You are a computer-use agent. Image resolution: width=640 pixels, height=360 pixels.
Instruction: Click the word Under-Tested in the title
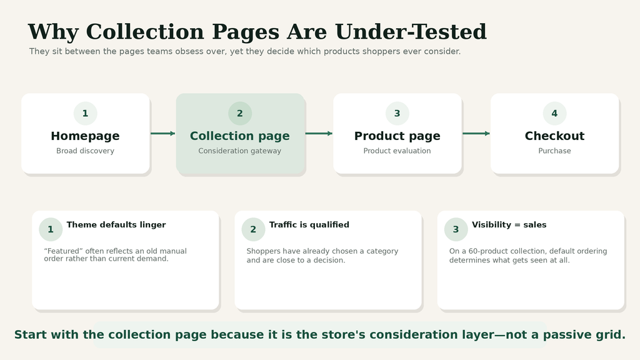411,31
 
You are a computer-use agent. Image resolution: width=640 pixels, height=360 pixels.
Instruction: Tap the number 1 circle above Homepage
85,114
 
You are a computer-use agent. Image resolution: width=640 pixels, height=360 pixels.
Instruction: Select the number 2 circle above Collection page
240,114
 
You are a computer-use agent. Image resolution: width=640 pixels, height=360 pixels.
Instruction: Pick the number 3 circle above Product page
397,114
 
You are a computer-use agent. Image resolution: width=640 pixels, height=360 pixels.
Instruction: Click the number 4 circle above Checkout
555,114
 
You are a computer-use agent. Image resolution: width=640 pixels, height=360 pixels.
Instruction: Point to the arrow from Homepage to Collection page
163,134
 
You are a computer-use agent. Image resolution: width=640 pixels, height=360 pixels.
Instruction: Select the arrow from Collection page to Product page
319,134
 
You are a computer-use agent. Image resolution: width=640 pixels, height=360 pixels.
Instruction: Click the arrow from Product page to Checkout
476,134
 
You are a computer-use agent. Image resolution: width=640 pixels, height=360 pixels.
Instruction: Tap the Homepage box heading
85,136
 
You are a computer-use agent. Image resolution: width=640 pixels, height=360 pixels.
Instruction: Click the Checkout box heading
555,136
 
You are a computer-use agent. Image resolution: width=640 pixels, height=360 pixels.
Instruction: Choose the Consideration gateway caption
239,151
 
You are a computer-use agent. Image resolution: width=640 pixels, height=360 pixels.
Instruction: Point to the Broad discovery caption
85,151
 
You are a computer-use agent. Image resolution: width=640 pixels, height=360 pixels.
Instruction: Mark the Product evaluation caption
397,151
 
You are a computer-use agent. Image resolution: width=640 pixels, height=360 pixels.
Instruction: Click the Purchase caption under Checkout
555,151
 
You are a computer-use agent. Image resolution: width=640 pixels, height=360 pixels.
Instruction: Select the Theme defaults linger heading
116,225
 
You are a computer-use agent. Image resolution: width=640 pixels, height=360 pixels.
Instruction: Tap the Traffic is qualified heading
309,225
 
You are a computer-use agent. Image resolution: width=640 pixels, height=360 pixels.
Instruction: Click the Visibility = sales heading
509,225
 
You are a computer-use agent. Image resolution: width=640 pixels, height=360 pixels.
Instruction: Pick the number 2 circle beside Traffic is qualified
254,229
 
